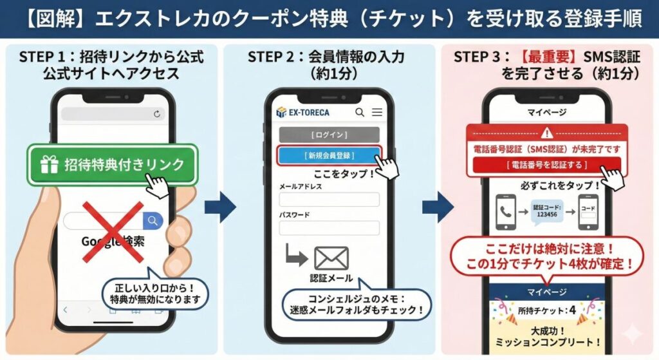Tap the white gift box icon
[x=49, y=164]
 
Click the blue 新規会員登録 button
[x=329, y=155]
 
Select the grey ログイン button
[x=329, y=135]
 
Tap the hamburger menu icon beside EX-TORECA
[x=377, y=112]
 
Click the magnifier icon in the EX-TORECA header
[x=360, y=112]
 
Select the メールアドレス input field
[x=329, y=199]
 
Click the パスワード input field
[x=329, y=228]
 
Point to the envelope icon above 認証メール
[x=331, y=258]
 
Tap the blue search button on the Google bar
[x=153, y=221]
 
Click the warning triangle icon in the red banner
[x=547, y=133]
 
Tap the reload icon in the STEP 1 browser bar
[x=156, y=114]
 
